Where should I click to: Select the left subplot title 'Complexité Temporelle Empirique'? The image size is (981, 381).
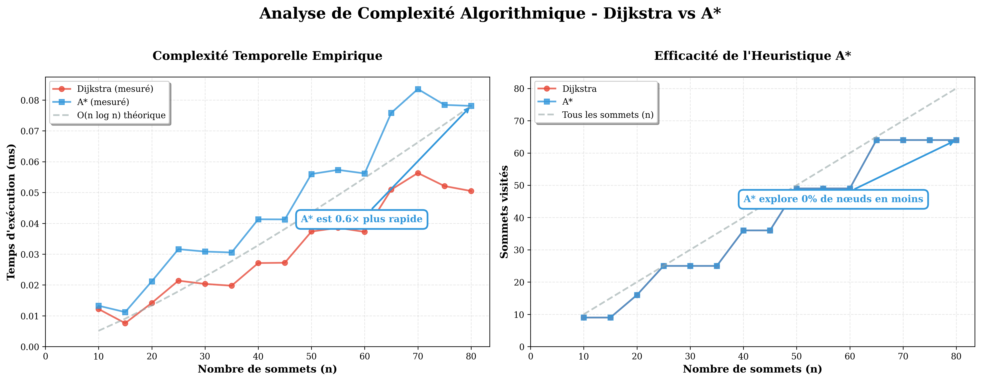pyautogui.click(x=267, y=56)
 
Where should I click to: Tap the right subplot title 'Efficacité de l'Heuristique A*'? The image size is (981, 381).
pyautogui.click(x=752, y=56)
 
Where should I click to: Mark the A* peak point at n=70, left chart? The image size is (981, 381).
pyautogui.click(x=418, y=89)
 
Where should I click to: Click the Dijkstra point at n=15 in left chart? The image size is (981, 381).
pyautogui.click(x=125, y=323)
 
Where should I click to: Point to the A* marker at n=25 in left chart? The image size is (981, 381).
pyautogui.click(x=178, y=249)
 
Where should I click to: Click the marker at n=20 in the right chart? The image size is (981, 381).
pyautogui.click(x=637, y=295)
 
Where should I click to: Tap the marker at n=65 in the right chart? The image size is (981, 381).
pyautogui.click(x=876, y=140)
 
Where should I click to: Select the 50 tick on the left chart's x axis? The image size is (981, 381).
pyautogui.click(x=311, y=357)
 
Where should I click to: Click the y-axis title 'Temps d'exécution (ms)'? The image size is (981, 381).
pyautogui.click(x=11, y=212)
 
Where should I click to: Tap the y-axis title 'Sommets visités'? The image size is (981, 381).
pyautogui.click(x=504, y=212)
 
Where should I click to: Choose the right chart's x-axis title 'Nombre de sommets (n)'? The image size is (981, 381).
pyautogui.click(x=752, y=369)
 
